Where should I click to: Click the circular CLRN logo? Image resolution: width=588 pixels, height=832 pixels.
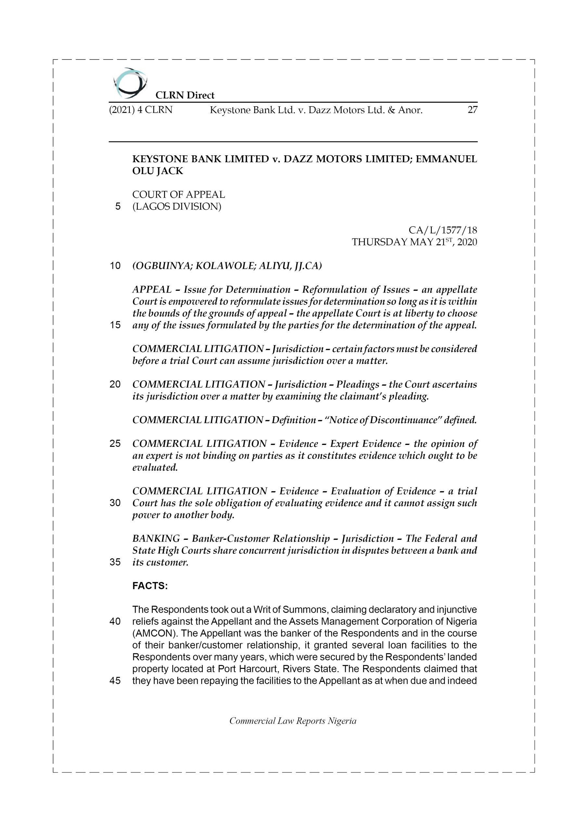point(130,83)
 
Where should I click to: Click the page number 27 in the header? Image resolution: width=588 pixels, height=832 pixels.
point(472,110)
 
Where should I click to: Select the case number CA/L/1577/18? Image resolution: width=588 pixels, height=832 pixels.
point(442,230)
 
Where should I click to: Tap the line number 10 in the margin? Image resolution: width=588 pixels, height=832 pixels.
point(115,266)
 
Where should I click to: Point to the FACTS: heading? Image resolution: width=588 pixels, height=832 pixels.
point(150,586)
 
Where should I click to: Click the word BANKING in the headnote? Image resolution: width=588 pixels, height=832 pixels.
point(156,539)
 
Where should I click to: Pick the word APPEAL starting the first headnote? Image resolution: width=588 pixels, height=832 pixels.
point(152,290)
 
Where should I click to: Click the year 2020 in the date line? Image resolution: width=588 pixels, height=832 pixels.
point(467,242)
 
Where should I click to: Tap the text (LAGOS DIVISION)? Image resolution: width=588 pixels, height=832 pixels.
point(176,207)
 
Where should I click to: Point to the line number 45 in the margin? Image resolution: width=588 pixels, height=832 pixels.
point(115,681)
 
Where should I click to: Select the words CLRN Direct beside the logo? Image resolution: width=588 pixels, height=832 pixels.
point(185,95)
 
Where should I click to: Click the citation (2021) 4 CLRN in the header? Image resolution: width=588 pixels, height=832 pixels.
point(141,110)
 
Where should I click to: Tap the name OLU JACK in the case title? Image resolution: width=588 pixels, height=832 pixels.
point(158,171)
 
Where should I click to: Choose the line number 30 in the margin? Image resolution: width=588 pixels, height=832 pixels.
point(115,503)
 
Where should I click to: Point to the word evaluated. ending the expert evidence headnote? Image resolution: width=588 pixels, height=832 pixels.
point(155,467)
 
